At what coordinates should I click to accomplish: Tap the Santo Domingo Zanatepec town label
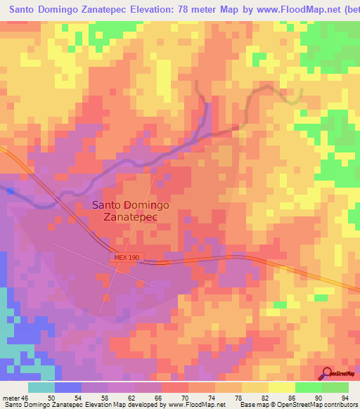[126, 211]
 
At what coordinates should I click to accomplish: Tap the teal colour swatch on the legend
[41, 387]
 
